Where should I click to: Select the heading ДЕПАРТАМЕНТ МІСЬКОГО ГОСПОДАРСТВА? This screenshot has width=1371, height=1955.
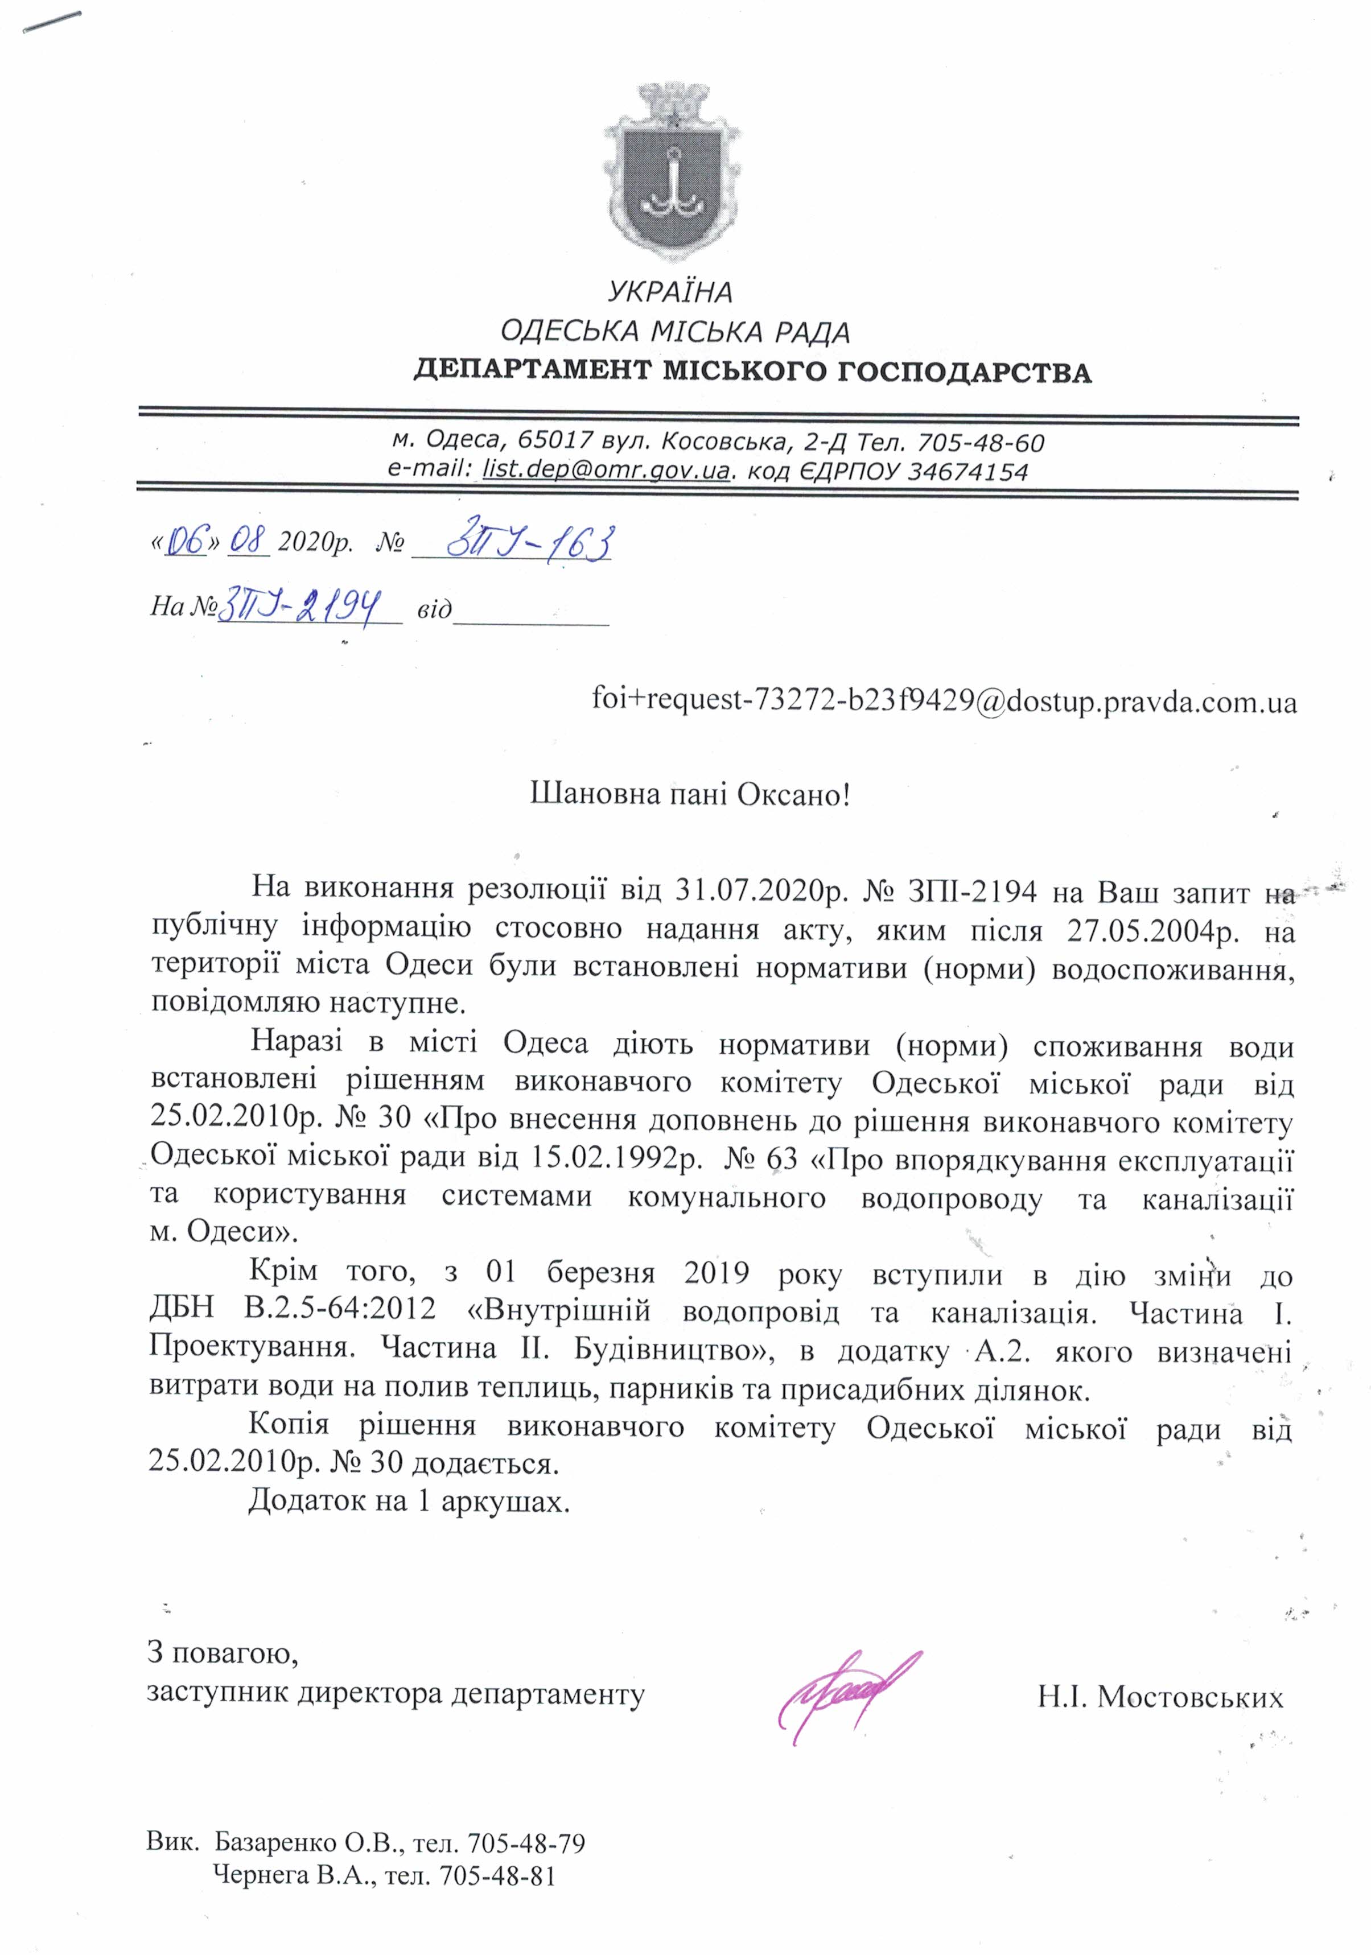(x=752, y=372)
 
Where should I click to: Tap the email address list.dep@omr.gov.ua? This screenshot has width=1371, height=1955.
(x=604, y=471)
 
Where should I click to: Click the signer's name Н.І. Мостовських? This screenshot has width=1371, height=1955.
(x=1159, y=1698)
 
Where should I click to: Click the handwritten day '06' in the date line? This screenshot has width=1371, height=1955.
(x=187, y=542)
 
